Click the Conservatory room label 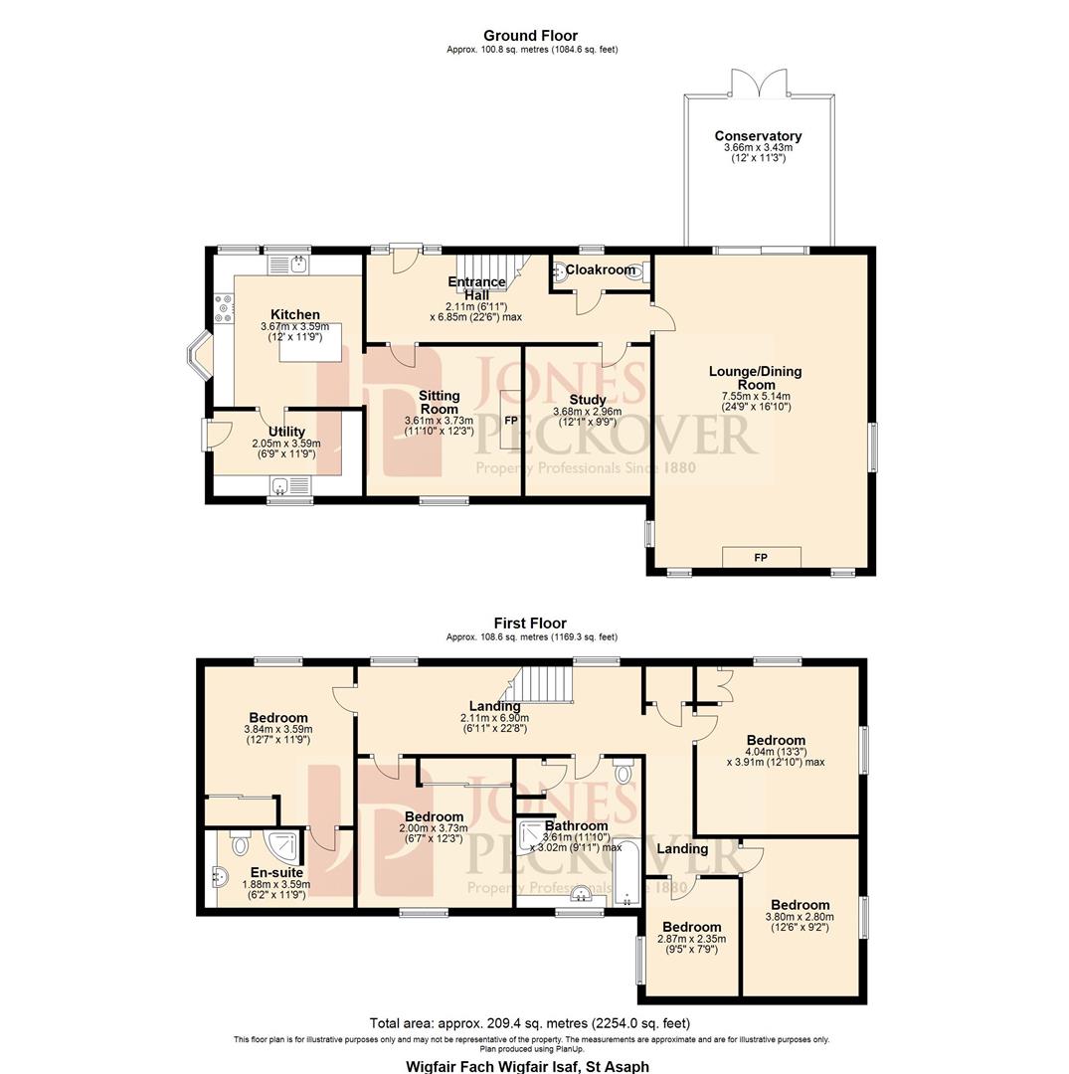(x=758, y=136)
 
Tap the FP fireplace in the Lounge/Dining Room (x=761, y=558)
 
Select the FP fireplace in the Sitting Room (x=510, y=421)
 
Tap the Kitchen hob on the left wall (x=224, y=308)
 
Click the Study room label (x=588, y=400)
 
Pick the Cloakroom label (x=600, y=269)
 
